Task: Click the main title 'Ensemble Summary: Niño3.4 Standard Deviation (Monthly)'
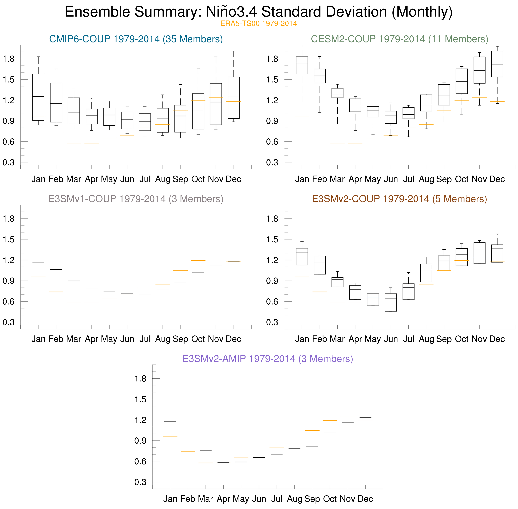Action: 259,12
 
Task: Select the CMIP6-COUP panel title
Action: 136,39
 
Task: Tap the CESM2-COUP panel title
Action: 400,39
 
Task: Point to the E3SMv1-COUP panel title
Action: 136,199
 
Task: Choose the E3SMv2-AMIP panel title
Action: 268,359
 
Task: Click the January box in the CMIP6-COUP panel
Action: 38,97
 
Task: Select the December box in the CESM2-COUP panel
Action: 497,64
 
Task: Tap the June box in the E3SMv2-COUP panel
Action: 391,302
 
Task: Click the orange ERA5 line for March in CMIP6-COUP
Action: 74,143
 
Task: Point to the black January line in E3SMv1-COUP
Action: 38,262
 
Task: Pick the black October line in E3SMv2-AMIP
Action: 330,433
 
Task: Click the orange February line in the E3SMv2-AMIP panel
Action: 188,452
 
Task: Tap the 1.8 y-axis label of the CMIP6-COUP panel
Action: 9,59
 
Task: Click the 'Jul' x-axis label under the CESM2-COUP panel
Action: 408,179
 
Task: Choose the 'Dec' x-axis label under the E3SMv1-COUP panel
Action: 233,339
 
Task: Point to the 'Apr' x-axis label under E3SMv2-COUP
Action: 355,339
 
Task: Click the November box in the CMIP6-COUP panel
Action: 216,104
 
